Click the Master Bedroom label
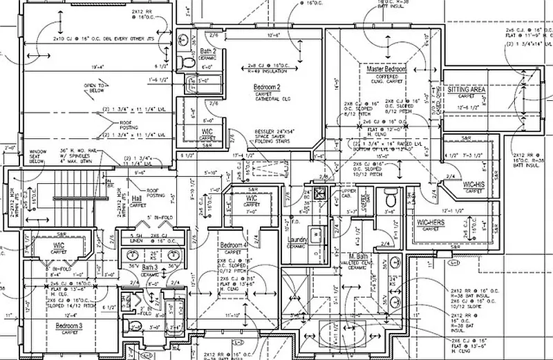click(386, 70)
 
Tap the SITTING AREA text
click(467, 90)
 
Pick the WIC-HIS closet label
click(473, 184)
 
